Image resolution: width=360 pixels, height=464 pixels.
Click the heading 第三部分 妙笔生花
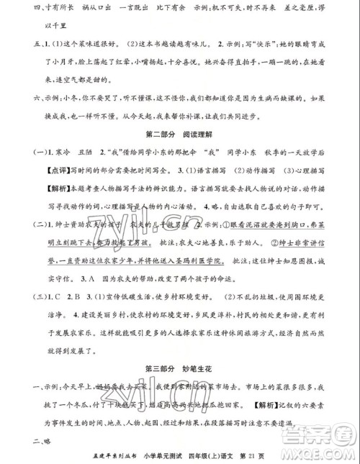point(179,352)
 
